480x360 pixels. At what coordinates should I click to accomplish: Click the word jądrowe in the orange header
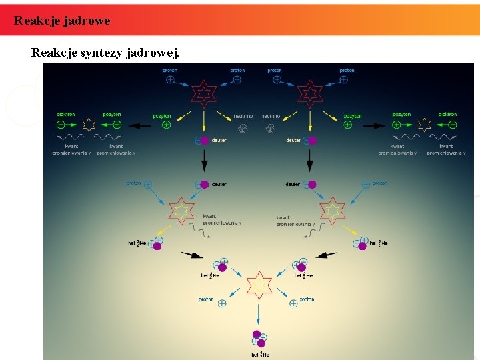tap(87, 21)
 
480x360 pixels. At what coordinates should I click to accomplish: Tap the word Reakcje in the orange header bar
tap(37, 21)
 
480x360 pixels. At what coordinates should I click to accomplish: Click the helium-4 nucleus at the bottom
tap(259, 338)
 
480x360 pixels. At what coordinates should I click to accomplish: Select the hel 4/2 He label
tap(261, 355)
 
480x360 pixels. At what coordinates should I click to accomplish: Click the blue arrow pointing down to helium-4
tap(258, 313)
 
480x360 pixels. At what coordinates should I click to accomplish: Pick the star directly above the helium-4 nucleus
tap(258, 285)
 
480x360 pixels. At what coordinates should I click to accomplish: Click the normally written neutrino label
tap(243, 115)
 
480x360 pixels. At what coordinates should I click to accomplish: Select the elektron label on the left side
tap(66, 114)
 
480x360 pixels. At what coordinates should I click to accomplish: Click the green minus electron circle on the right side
tap(453, 125)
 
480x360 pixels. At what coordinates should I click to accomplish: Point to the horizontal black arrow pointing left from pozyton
tap(140, 125)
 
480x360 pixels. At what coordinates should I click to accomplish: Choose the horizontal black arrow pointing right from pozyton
tap(375, 125)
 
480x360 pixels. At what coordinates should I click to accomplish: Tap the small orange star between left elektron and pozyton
tap(88, 125)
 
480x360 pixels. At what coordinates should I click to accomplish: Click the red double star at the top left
tap(203, 95)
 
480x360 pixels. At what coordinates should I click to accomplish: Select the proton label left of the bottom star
tap(206, 299)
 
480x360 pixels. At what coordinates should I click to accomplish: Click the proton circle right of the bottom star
tap(293, 303)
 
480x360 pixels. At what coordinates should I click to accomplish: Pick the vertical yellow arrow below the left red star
tap(204, 122)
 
